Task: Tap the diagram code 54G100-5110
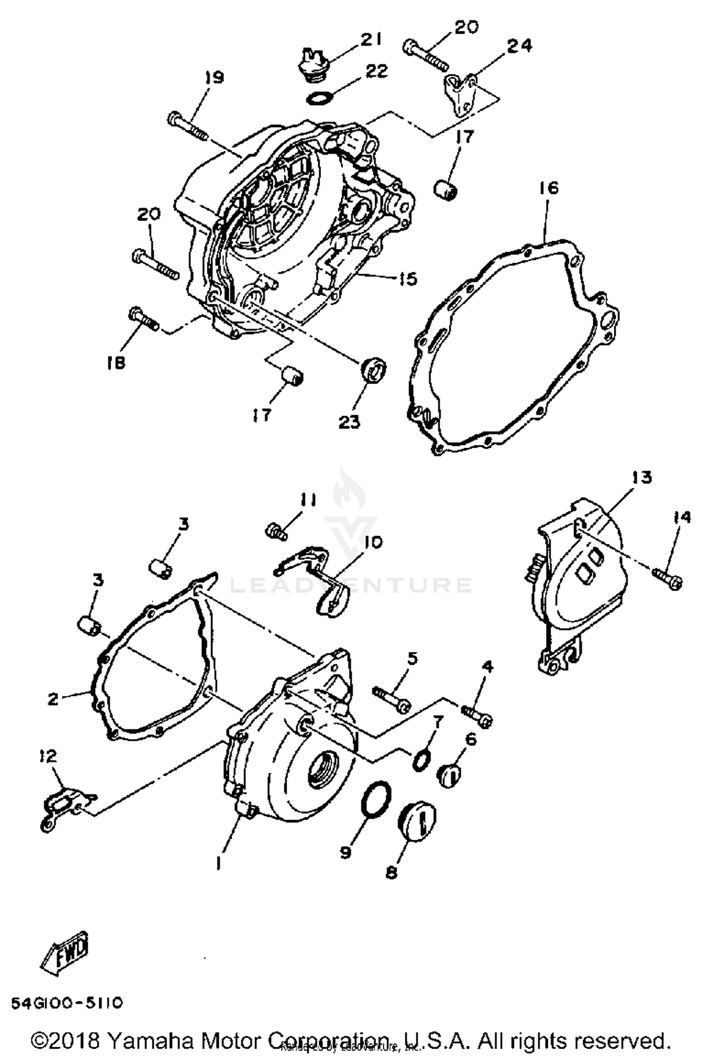[x=67, y=1003]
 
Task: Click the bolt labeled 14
[x=667, y=579]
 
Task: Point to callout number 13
[x=642, y=477]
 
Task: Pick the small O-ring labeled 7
[x=420, y=759]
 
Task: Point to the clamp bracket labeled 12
[x=66, y=809]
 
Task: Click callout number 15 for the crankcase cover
[x=407, y=279]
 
